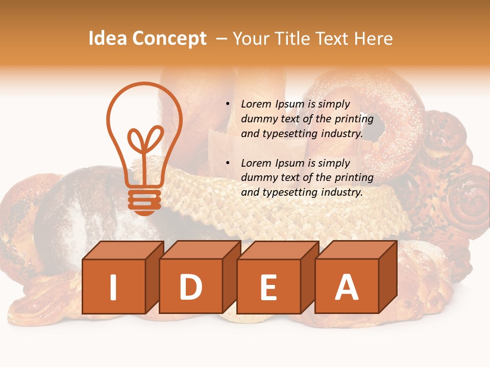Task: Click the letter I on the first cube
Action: point(113,287)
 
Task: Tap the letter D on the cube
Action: point(190,287)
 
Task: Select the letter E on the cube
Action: point(268,287)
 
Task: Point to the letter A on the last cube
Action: point(347,287)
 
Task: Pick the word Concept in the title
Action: point(169,39)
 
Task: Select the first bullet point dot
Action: point(228,104)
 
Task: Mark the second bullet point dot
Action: point(228,164)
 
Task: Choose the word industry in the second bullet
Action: point(341,193)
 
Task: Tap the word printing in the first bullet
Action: point(354,119)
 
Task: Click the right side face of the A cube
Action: point(387,278)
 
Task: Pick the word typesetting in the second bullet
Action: point(290,193)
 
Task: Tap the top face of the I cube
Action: point(123,250)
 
